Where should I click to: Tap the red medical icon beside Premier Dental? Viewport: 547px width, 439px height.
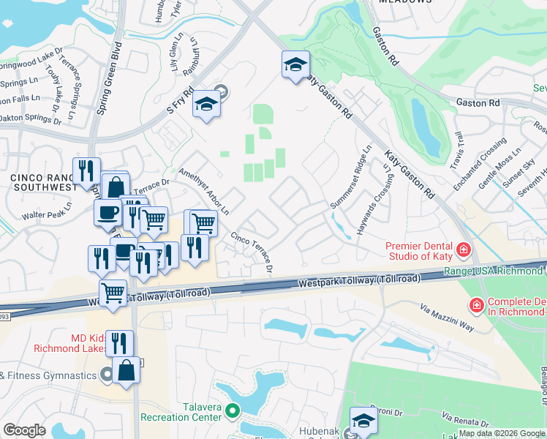pos(463,251)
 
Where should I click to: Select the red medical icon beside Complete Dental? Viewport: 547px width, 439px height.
pos(476,304)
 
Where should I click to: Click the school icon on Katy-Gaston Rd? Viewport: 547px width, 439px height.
pos(295,66)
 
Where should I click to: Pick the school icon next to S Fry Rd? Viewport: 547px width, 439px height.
pos(206,106)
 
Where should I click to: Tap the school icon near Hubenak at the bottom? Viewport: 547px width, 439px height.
pos(363,420)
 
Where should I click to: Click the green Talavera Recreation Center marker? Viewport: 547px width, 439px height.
pos(233,410)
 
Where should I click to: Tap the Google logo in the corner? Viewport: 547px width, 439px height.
pos(25,430)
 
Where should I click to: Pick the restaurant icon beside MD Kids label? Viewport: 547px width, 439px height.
pos(119,343)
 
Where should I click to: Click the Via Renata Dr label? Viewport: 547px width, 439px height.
pos(465,419)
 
